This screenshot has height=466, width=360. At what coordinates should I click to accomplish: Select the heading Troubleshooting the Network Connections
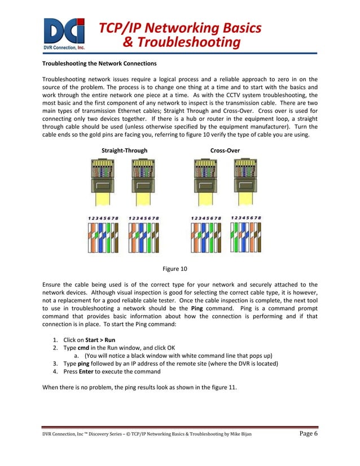pos(99,63)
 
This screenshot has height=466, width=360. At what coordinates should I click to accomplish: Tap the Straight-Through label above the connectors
pos(124,151)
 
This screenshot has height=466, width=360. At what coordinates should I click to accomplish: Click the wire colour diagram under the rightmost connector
pos(246,237)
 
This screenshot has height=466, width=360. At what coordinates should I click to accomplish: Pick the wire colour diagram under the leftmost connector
pos(102,237)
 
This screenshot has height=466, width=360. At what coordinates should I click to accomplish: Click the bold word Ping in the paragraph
pos(197,309)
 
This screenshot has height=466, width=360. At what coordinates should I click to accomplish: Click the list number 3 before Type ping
pos(55,364)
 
